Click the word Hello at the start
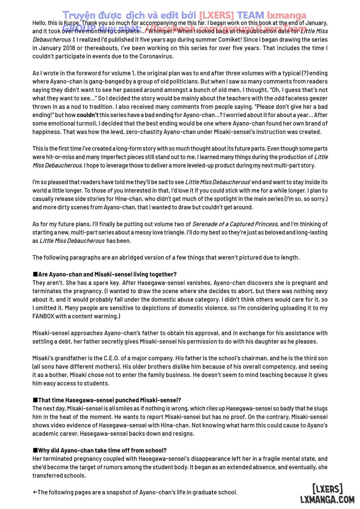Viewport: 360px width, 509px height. [x=39, y=23]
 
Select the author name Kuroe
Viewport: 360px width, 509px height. [x=71, y=23]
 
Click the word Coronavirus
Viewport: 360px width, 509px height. [x=157, y=56]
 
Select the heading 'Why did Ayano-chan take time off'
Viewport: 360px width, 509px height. [x=102, y=450]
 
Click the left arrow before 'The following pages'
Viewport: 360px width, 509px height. [x=35, y=492]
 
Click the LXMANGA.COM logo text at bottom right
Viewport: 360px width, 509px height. [x=327, y=499]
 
